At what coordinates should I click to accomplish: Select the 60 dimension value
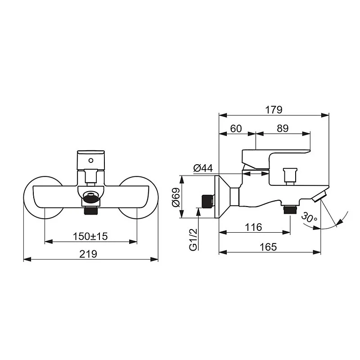[x=236, y=128]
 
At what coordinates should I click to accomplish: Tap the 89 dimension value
[x=282, y=128]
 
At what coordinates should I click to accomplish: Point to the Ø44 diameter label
[x=203, y=168]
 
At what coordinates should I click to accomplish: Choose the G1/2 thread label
[x=193, y=240]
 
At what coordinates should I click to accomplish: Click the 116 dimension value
[x=254, y=227]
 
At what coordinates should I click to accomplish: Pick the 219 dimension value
[x=90, y=254]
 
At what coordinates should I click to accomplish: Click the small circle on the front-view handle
[x=91, y=159]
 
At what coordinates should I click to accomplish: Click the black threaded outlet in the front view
[x=91, y=210]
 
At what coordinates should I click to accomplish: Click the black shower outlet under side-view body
[x=289, y=209]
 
